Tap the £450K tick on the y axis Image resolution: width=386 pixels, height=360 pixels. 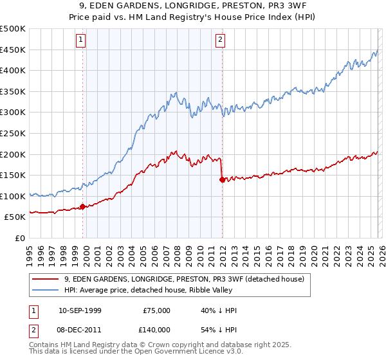tap(13, 50)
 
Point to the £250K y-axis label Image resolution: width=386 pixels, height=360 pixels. tap(13, 133)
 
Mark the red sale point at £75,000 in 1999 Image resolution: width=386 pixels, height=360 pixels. tap(82, 207)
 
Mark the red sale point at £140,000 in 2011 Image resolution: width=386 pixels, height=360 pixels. tap(222, 180)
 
